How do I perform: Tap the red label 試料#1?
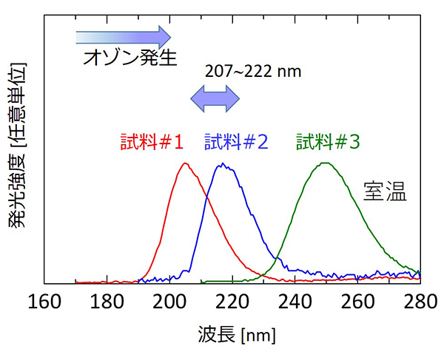point(152,140)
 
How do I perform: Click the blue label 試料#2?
point(236,140)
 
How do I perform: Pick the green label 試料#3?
point(328,140)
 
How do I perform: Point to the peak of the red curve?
point(185,163)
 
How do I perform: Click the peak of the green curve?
point(325,163)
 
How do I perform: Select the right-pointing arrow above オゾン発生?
point(123,35)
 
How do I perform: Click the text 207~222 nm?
point(240,73)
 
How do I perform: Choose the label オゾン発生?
point(130,58)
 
